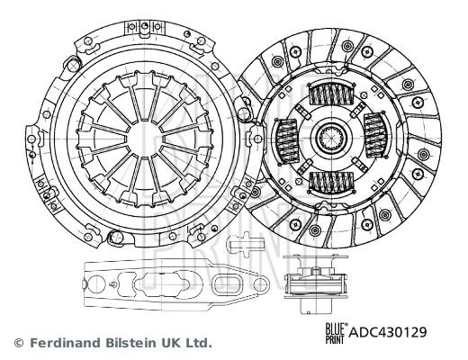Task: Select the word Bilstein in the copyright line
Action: pyautogui.click(x=132, y=343)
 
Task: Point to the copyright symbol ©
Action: pyautogui.click(x=17, y=343)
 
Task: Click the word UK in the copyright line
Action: pyautogui.click(x=170, y=343)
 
